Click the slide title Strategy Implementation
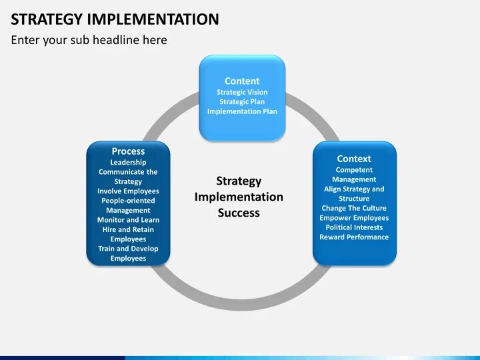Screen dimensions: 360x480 (115, 19)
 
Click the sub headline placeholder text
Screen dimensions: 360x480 (89, 40)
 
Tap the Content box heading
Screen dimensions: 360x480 (242, 81)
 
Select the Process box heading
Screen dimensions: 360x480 (128, 151)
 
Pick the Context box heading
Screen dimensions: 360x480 (354, 159)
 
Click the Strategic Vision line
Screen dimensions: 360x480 (242, 93)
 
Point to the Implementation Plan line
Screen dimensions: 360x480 (242, 111)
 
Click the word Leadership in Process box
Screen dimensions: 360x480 (128, 162)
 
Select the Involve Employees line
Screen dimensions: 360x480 (128, 191)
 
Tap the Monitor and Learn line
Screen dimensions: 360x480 (128, 220)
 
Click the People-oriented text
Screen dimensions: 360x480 (128, 201)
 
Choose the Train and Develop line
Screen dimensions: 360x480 (128, 249)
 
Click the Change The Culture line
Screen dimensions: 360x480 (354, 208)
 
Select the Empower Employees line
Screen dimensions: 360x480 (354, 218)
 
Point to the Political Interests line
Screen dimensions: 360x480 (354, 227)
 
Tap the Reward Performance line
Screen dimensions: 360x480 (354, 237)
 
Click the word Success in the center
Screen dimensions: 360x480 (239, 213)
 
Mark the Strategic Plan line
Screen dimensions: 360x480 (242, 102)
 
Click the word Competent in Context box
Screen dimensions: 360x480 (354, 170)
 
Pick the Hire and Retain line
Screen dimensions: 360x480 (128, 229)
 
